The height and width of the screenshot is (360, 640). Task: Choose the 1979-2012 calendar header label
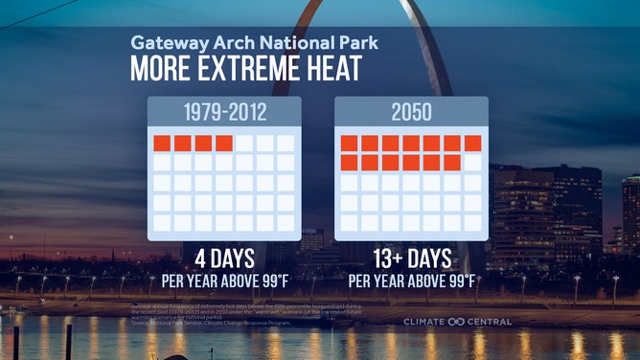point(223,113)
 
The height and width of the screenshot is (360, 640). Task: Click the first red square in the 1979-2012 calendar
point(162,144)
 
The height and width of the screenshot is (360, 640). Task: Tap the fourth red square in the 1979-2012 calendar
point(224,144)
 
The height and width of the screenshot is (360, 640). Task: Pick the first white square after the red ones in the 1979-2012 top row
point(245,144)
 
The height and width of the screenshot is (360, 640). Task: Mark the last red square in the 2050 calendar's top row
point(472,144)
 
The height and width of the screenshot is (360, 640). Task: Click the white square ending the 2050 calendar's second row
point(472,163)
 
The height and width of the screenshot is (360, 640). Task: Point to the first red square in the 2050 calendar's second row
point(349,163)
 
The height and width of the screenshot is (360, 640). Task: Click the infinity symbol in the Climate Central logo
point(456,322)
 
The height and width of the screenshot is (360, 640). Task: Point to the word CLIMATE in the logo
point(424,322)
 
